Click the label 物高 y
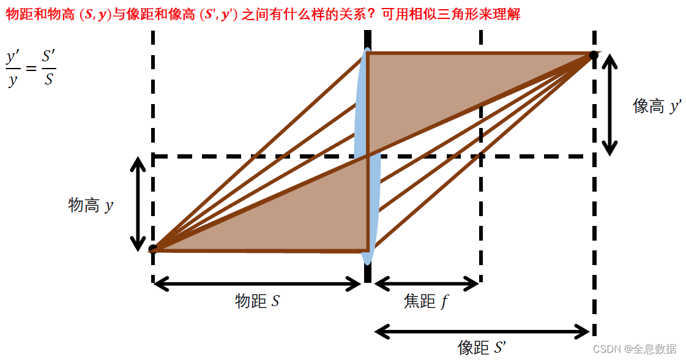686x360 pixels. (91, 204)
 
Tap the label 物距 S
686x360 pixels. (258, 301)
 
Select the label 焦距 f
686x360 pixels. (425, 301)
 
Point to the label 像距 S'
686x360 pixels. (482, 347)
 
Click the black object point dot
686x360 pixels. (153, 249)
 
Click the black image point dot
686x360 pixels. (594, 56)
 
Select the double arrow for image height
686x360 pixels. (610, 103)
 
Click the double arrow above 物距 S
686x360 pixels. (258, 283)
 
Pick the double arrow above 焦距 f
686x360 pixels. (426, 283)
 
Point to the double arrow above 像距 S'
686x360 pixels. (482, 332)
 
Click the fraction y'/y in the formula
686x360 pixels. (13, 68)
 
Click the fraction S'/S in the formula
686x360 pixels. (48, 68)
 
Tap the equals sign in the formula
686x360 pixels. (31, 69)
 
